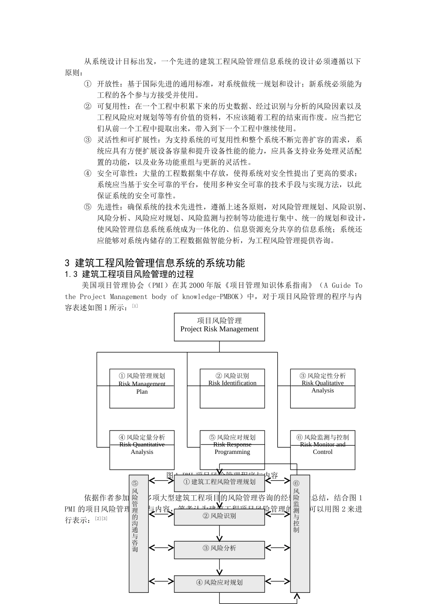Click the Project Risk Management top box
pos(219,327)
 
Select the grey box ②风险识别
pos(219,516)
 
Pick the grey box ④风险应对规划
pos(219,583)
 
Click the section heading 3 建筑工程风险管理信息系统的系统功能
pos(155,263)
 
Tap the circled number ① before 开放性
pos(88,84)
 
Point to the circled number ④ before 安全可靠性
pos(88,173)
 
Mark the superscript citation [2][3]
pos(101,519)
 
